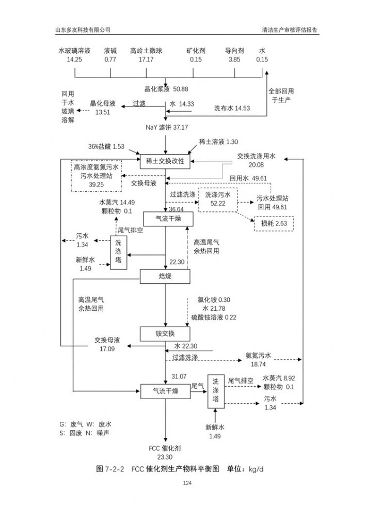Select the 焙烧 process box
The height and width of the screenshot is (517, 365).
[x=165, y=277]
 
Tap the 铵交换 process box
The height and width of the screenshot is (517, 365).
[x=165, y=333]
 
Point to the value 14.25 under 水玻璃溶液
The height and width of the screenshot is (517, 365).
[x=74, y=59]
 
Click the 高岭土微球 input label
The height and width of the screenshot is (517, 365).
[x=146, y=51]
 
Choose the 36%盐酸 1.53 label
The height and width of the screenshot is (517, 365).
[x=106, y=147]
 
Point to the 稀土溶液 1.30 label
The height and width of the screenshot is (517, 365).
[x=218, y=142]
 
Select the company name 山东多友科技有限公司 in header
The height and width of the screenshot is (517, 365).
[x=83, y=29]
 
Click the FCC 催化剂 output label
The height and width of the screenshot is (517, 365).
[x=165, y=448]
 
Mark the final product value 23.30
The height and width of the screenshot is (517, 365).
[x=165, y=457]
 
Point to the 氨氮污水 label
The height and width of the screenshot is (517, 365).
[x=258, y=356]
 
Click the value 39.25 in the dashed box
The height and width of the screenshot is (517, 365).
[x=96, y=184]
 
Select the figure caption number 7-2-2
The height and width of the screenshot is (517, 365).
[x=115, y=469]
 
